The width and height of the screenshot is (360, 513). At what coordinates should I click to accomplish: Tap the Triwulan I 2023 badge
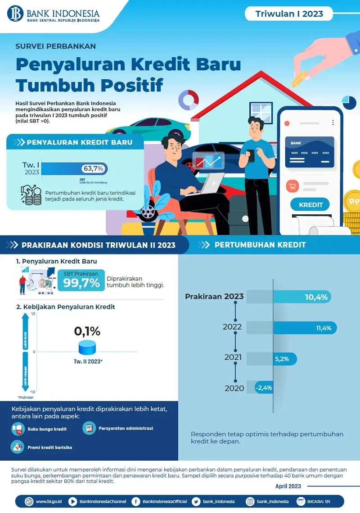(289, 14)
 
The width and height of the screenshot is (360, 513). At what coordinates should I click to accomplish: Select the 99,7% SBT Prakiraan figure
(81, 282)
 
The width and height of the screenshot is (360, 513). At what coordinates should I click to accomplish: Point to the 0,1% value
(87, 331)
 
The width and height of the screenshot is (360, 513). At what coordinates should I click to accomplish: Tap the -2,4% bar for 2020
(264, 388)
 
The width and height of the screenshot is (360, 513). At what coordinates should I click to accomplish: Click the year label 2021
(233, 358)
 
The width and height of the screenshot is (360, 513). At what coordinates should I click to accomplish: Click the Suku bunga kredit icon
(18, 429)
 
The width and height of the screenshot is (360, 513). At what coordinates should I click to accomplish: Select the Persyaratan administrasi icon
(89, 428)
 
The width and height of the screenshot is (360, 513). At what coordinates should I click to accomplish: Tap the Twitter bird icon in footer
(196, 501)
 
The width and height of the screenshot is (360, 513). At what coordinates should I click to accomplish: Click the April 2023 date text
(288, 486)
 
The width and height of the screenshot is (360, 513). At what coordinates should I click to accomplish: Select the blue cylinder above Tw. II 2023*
(87, 347)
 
